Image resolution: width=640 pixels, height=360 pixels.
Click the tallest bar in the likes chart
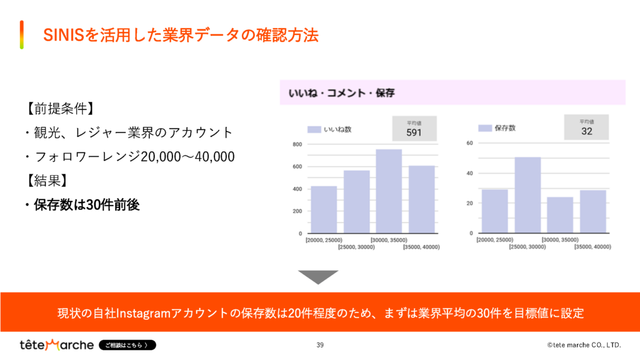click(389, 191)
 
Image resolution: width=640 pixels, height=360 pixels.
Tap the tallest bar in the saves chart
click(527, 195)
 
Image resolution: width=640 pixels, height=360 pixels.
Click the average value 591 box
click(414, 128)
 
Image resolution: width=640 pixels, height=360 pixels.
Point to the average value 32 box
click(586, 127)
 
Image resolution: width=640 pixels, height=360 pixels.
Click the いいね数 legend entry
click(331, 129)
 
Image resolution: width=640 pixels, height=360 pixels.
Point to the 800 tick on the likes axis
click(297, 144)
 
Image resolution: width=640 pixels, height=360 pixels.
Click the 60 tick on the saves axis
click(470, 143)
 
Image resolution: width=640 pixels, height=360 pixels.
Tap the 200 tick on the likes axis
click(297, 211)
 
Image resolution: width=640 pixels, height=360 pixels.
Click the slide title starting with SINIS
click(181, 35)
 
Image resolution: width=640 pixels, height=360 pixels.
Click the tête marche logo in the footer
click(57, 345)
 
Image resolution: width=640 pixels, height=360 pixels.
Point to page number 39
click(320, 345)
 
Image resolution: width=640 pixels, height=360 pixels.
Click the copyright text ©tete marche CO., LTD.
click(584, 345)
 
